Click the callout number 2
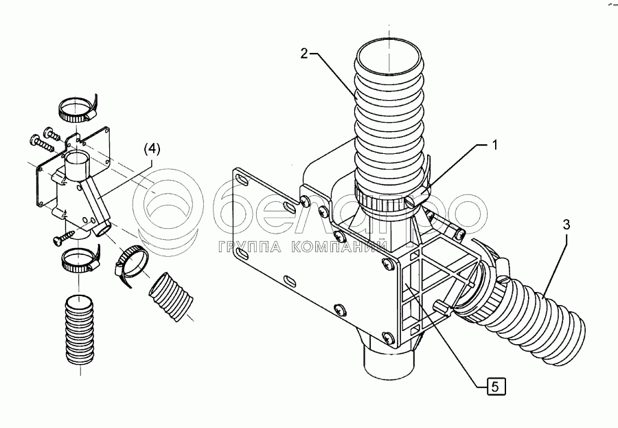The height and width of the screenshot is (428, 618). click(x=305, y=55)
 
